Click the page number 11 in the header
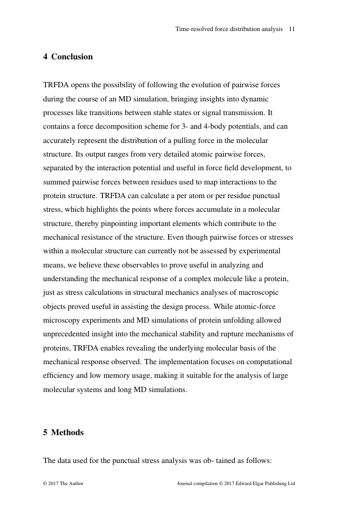pos(292,29)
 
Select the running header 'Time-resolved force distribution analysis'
pos(229,29)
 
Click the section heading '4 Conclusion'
pos(68,57)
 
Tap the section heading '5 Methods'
pos(63,432)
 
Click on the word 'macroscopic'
pos(260,292)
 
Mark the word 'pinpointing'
pos(125,223)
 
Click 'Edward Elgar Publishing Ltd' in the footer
pos(261,483)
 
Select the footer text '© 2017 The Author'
pos(63,483)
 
